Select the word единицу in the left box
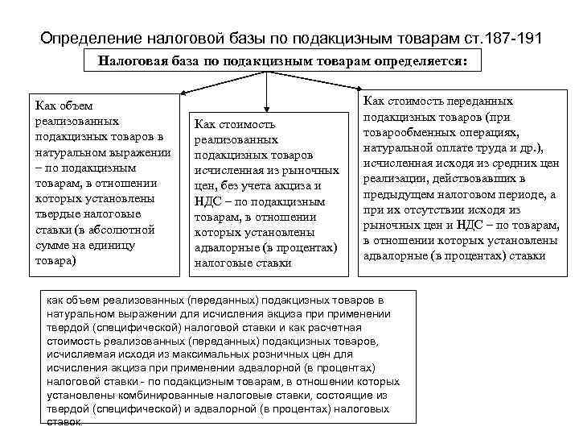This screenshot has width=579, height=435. [x=111, y=246]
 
